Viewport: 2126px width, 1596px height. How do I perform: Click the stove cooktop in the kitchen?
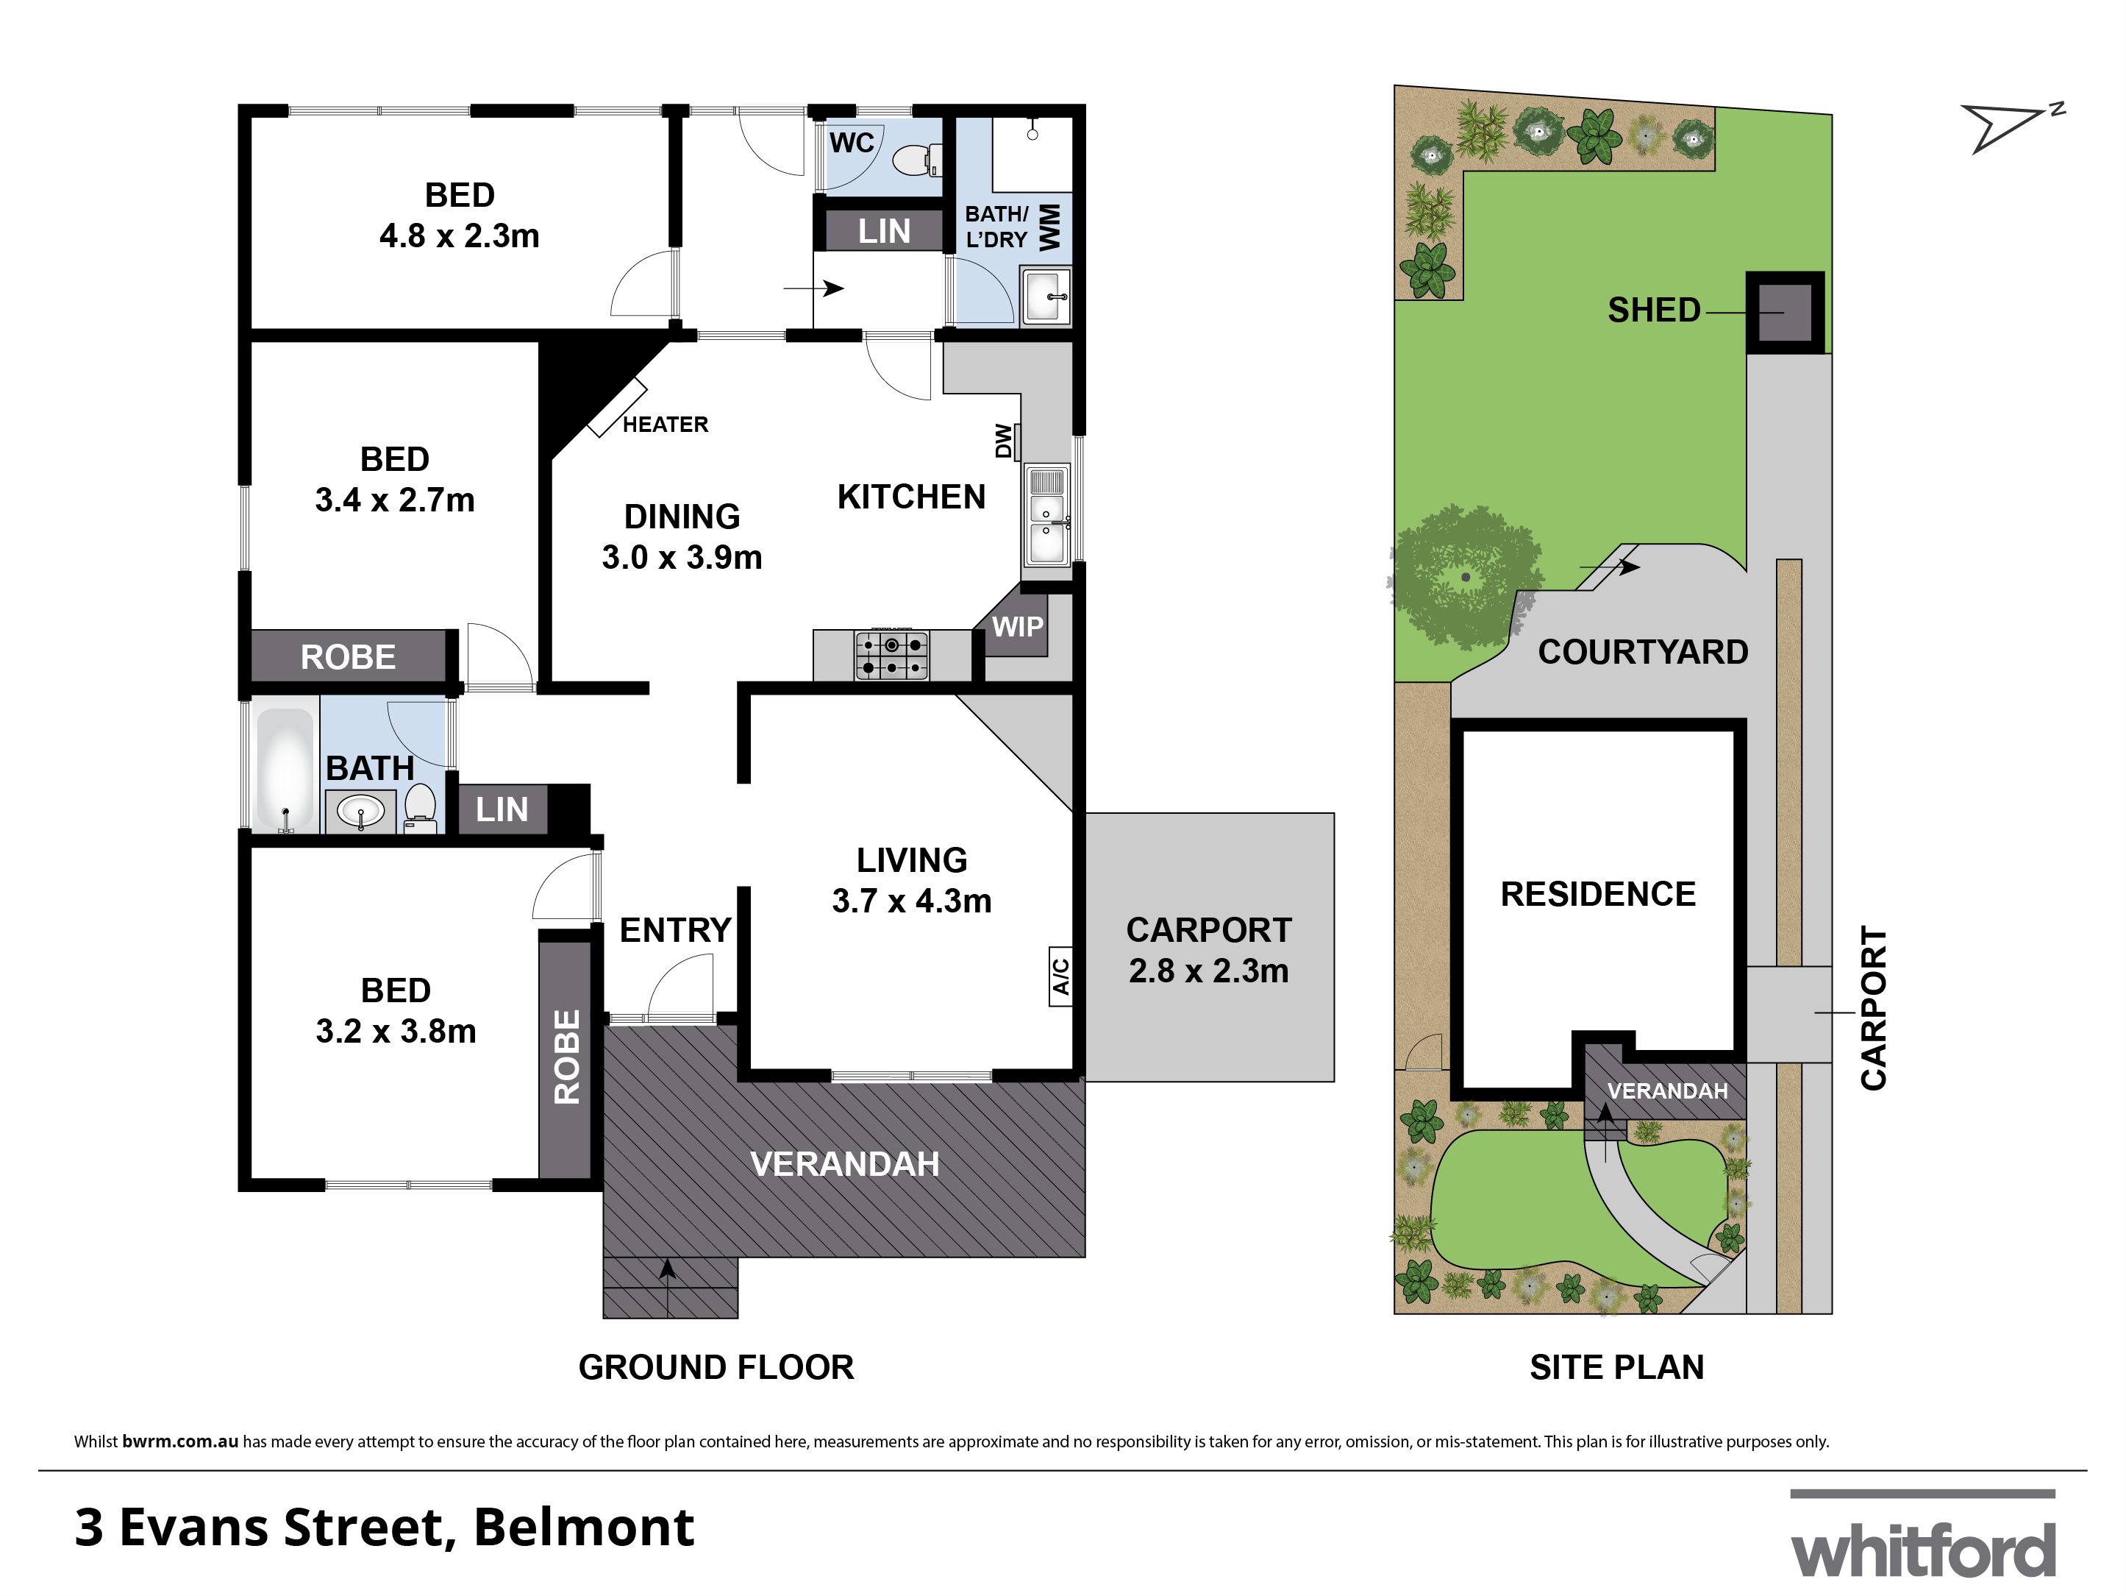click(x=892, y=656)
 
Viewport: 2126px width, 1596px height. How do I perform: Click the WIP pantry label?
click(x=1017, y=627)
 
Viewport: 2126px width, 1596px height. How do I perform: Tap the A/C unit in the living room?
click(x=1060, y=976)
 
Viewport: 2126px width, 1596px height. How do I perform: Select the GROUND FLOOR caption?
click(x=716, y=1367)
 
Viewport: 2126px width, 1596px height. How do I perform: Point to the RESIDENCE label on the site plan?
click(x=1597, y=894)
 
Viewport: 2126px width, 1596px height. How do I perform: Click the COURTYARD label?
click(x=1643, y=652)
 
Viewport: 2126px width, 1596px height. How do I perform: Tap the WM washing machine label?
click(x=1049, y=227)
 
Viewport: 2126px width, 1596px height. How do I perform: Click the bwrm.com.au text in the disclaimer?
click(x=179, y=1441)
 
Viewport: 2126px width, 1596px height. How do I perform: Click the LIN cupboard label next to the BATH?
click(x=502, y=809)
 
